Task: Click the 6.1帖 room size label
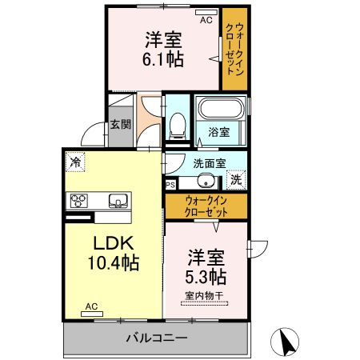point(163,59)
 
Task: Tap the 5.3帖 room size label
point(206,277)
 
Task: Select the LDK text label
point(113,243)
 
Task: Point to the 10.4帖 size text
point(114,262)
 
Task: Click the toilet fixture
point(178,126)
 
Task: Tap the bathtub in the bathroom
point(220,108)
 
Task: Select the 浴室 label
point(219,132)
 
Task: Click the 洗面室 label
point(210,163)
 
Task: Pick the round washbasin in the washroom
point(206,181)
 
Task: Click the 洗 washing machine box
point(236,180)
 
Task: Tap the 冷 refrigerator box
point(75,162)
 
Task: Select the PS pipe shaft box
point(170,185)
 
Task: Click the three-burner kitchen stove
point(79,201)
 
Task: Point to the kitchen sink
point(118,201)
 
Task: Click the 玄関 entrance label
point(121,125)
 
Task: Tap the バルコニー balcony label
point(157,338)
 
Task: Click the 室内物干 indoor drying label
point(204,295)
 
